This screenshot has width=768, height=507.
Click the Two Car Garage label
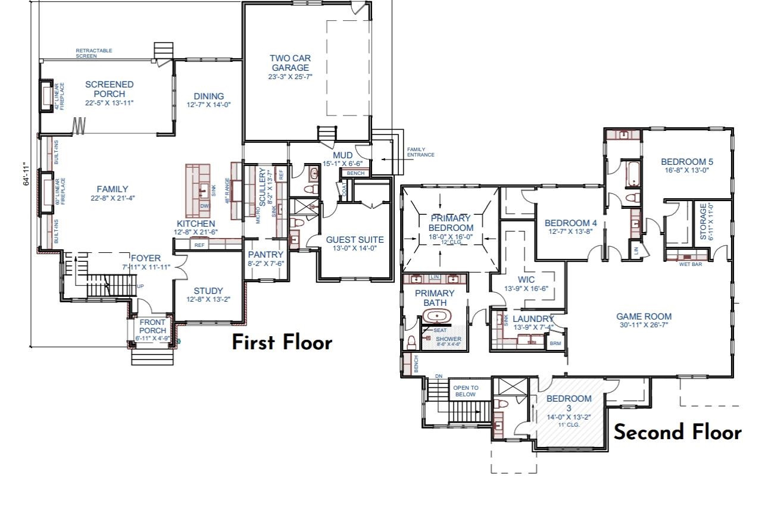(x=290, y=63)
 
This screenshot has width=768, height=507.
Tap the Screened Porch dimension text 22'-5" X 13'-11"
(x=109, y=103)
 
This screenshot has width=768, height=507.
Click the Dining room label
(x=208, y=96)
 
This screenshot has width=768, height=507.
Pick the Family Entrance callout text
(x=420, y=152)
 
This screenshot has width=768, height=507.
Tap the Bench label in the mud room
(x=355, y=173)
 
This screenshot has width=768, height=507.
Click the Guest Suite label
(x=354, y=240)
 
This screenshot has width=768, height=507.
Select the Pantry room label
(x=266, y=255)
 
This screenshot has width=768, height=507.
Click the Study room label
(x=208, y=291)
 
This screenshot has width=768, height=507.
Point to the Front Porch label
(x=152, y=327)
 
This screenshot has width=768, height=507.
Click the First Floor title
(x=281, y=343)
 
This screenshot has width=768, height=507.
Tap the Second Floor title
(x=678, y=432)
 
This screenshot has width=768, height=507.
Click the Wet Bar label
(x=690, y=264)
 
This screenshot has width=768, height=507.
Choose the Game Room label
(x=644, y=317)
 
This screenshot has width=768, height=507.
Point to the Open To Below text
(x=466, y=391)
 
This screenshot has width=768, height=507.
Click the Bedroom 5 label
(x=686, y=162)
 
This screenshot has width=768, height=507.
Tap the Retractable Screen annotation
(x=93, y=53)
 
